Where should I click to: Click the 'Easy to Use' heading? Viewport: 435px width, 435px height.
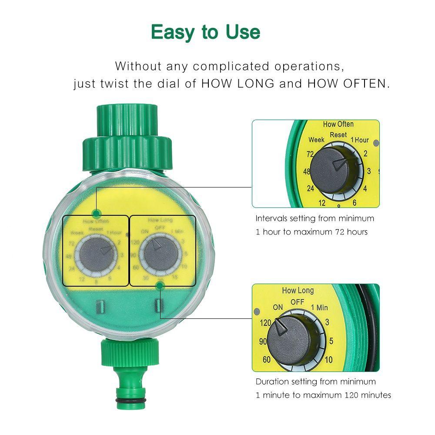205,32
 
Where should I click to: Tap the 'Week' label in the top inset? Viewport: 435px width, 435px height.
317,140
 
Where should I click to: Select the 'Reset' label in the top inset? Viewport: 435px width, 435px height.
338,135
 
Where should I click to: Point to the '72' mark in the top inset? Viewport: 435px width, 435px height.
310,154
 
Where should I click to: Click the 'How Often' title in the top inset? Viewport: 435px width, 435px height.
338,124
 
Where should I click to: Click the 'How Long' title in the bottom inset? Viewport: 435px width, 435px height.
298,291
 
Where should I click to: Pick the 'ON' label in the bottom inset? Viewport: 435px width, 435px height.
278,307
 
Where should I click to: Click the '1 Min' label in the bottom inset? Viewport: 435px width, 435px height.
319,308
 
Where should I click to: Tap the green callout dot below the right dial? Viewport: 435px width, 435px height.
160,285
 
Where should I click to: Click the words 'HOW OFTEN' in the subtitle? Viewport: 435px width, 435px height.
347,84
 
